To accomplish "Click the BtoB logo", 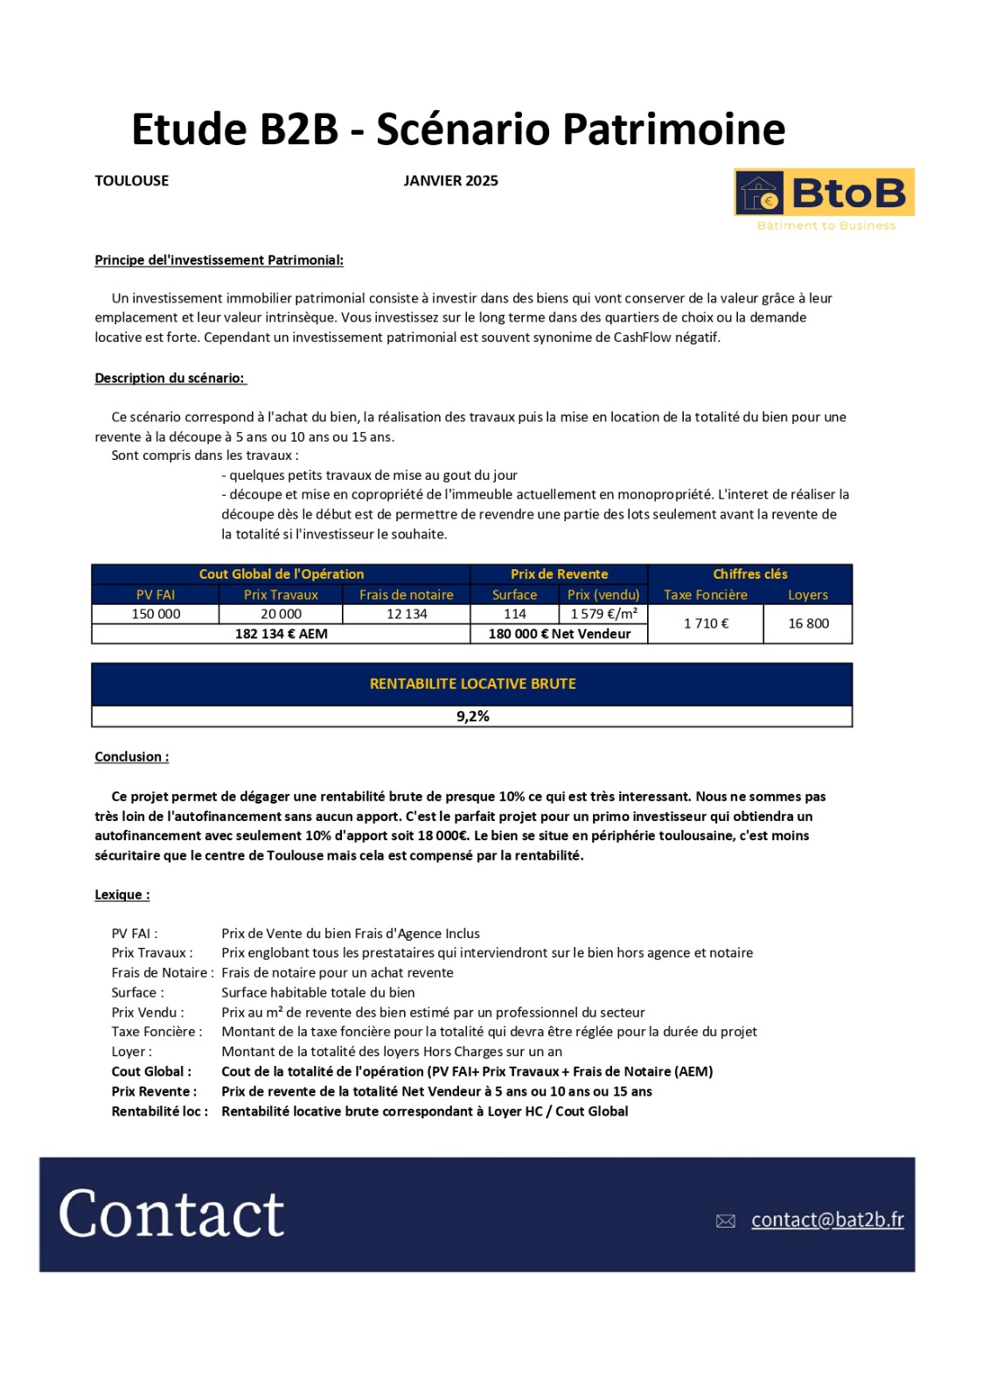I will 824,193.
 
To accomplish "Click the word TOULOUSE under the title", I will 132,181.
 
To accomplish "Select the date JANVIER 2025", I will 450,181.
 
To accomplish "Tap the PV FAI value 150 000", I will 156,614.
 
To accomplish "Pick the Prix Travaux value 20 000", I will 281,614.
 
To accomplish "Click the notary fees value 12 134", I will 407,614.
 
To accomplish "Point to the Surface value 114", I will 515,614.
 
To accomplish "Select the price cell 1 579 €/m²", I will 603,614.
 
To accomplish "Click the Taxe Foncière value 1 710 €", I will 706,623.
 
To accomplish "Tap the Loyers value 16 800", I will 808,623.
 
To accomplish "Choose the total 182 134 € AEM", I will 281,634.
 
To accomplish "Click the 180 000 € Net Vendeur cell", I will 559,634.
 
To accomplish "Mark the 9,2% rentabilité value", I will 472,716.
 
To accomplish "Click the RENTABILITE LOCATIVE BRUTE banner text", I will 472,684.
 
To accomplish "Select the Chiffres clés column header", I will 749,574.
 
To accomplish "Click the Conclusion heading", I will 132,757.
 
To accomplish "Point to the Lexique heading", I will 122,895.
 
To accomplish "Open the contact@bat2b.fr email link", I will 827,1220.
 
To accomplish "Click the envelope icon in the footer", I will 725,1222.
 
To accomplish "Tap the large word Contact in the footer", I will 171,1215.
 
